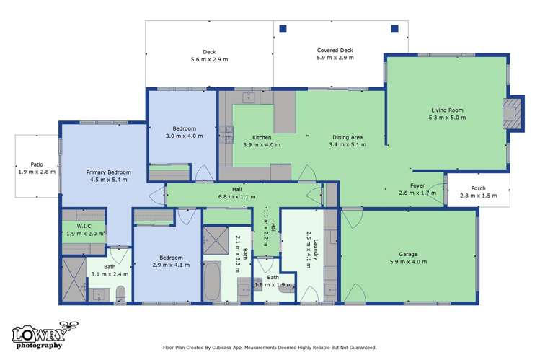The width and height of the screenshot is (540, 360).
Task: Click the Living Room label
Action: point(446,110)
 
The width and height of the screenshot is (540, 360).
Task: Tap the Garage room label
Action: point(409,254)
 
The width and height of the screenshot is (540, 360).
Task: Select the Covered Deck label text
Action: point(335,51)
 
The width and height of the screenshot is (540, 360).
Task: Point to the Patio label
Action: point(36,164)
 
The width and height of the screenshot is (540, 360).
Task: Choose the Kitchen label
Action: point(262,137)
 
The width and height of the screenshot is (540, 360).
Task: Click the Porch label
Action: point(479,186)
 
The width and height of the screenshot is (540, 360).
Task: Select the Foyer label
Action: point(417,185)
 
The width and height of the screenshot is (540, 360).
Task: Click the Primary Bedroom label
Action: point(109,172)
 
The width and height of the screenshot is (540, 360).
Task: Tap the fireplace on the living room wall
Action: point(512,113)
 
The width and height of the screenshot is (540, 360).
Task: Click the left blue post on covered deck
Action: point(283,28)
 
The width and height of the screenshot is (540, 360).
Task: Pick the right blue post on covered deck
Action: point(395,28)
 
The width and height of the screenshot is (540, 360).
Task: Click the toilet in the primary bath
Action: point(121,294)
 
